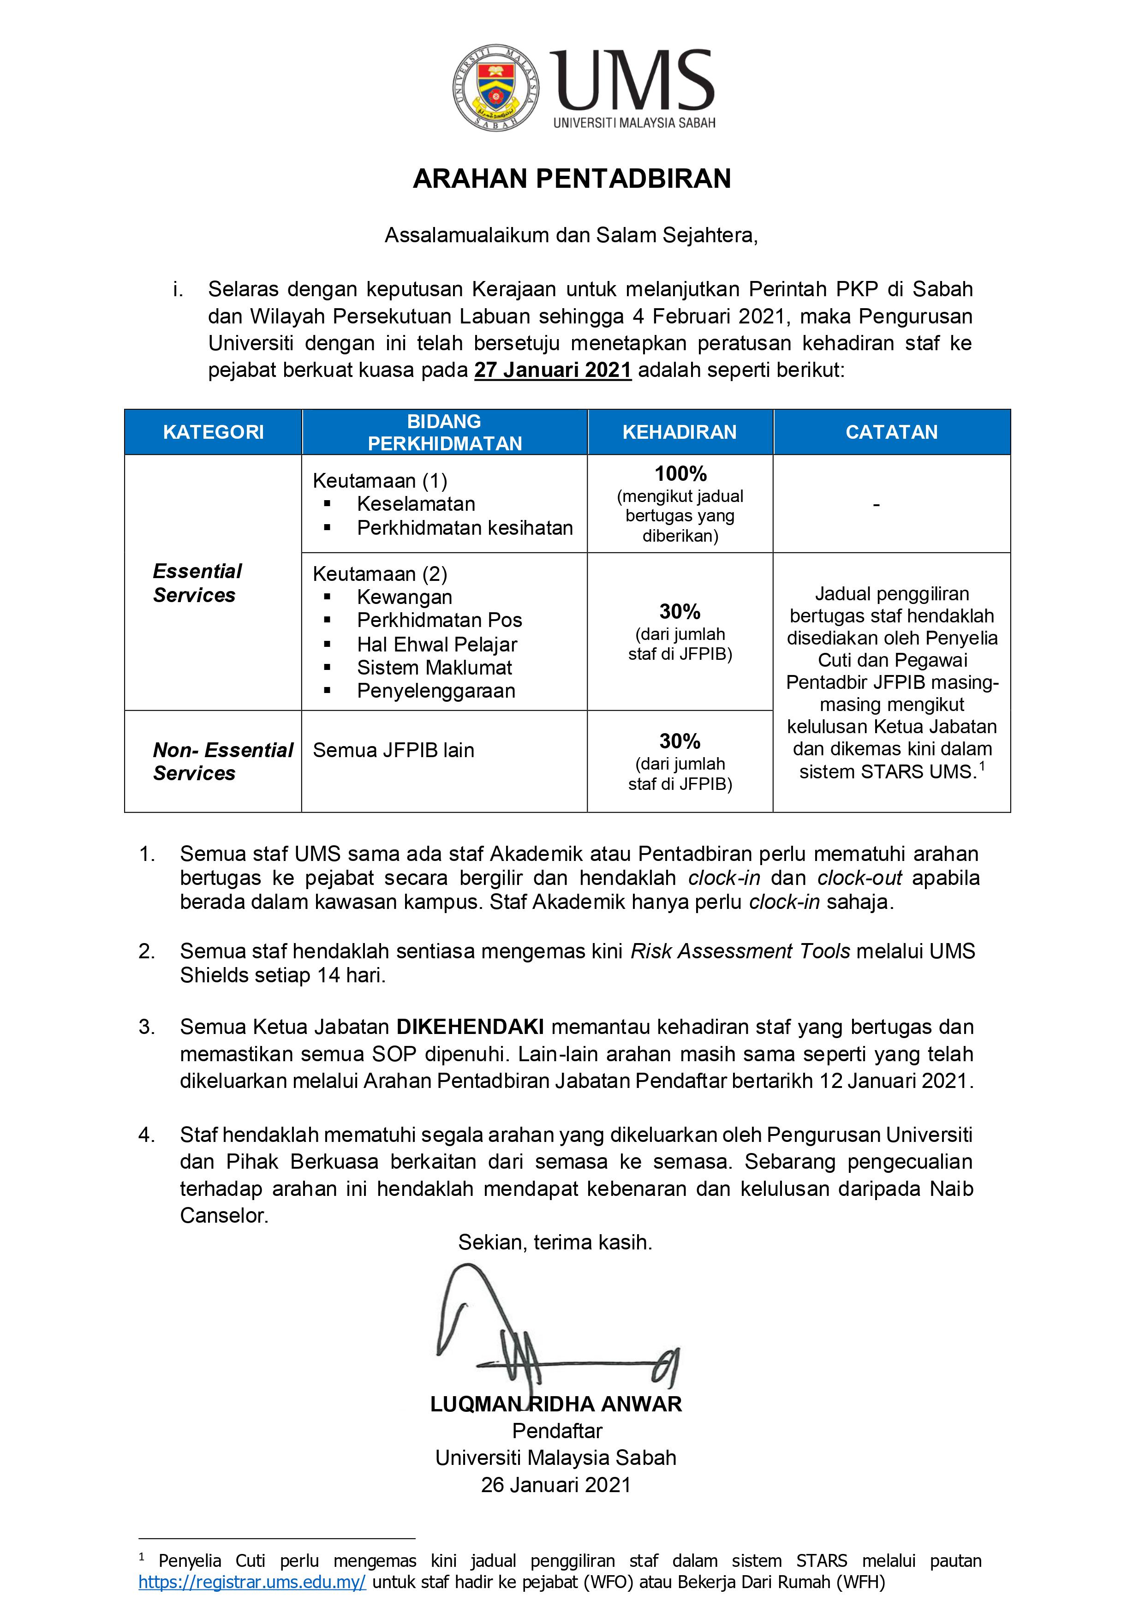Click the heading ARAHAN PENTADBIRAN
pos(572,179)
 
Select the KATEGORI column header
pos(213,432)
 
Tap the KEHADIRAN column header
pos(679,432)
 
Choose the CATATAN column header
pos(891,432)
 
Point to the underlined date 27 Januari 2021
pos(552,370)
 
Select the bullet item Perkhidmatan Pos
pos(439,621)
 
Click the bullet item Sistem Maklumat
pos(434,668)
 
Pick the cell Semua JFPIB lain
pos(394,750)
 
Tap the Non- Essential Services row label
pos(222,762)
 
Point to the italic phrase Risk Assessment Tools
pos(740,952)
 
